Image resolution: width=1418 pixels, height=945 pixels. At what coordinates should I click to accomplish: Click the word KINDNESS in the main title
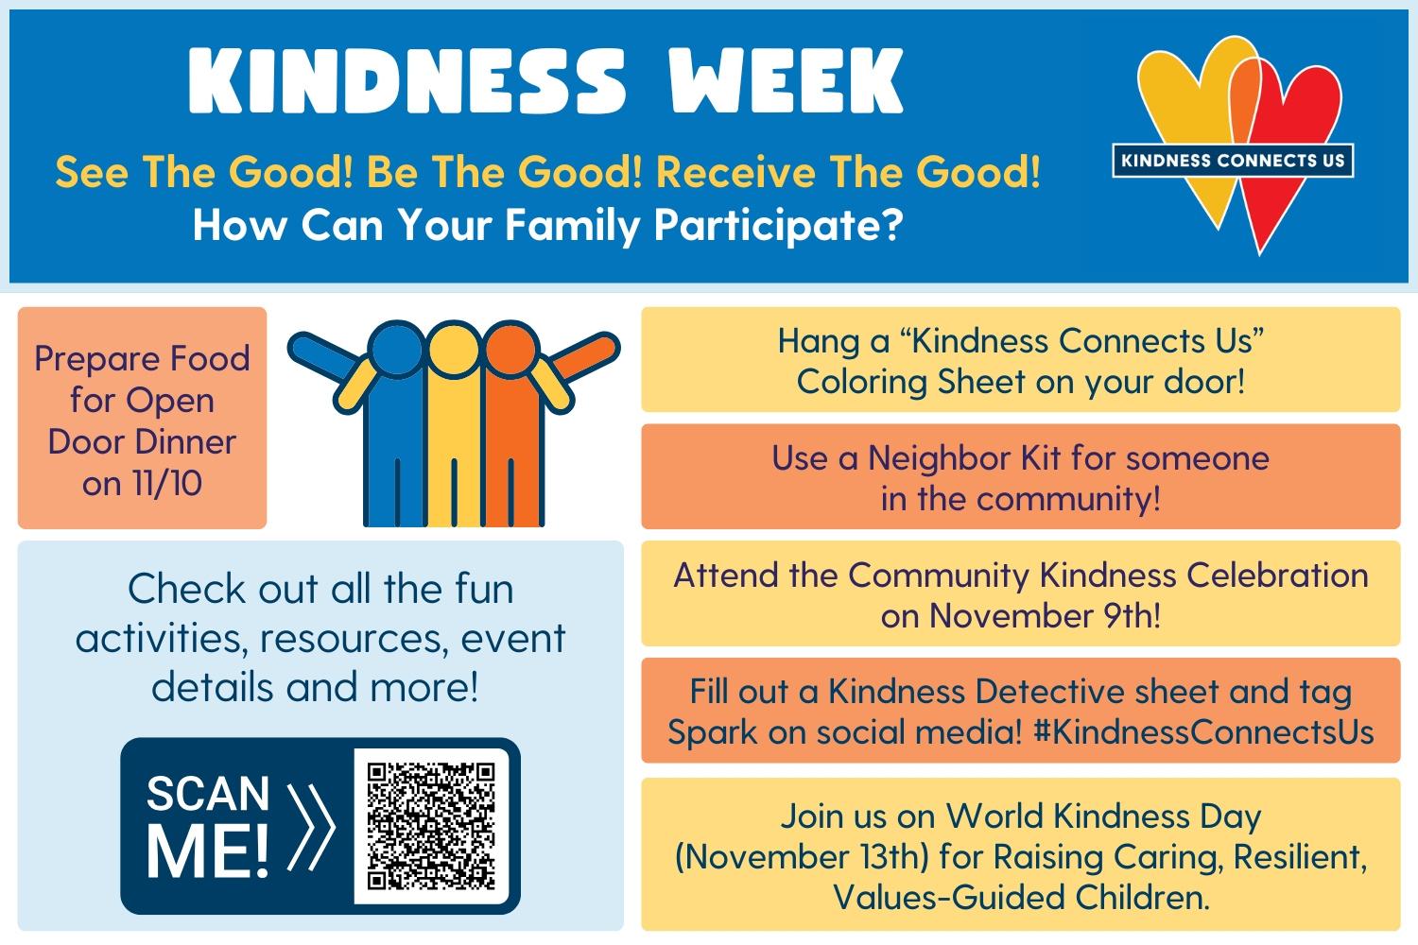click(407, 81)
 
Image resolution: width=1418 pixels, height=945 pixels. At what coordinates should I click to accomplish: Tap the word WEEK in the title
click(787, 81)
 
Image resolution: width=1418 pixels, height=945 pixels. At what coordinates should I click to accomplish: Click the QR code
click(432, 826)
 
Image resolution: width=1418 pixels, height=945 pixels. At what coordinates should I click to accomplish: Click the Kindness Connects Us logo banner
click(1233, 161)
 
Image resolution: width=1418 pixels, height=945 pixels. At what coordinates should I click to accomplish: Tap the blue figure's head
click(397, 349)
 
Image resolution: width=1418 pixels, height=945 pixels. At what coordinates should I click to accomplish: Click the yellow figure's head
click(453, 349)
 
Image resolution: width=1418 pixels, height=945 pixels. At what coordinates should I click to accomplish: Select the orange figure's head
click(510, 349)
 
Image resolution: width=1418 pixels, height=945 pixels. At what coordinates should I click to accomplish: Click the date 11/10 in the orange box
click(167, 483)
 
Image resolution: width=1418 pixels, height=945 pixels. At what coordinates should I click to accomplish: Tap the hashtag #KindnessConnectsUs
click(1203, 732)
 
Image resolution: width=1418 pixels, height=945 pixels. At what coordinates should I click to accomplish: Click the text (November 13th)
click(802, 858)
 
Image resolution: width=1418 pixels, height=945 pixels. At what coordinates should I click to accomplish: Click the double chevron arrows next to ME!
click(310, 827)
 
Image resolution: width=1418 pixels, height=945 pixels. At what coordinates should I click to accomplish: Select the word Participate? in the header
click(778, 226)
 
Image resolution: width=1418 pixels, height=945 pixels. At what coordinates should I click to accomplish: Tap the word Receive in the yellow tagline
click(735, 172)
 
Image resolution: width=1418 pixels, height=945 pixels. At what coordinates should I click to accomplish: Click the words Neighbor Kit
click(963, 457)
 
